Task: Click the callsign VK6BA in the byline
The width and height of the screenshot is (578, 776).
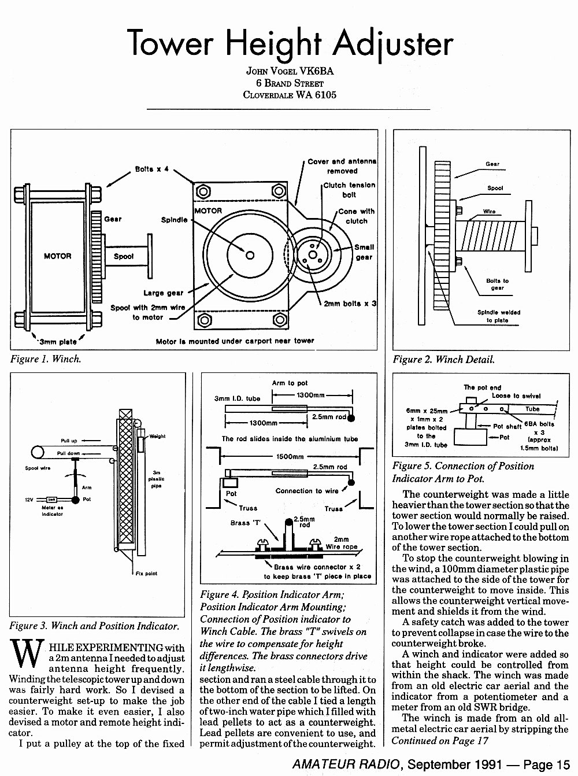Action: pos(316,71)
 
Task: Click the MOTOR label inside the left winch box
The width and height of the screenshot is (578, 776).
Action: pos(57,256)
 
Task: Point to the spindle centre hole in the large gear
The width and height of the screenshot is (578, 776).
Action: pos(250,256)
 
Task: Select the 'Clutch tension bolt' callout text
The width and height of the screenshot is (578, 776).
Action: pos(349,190)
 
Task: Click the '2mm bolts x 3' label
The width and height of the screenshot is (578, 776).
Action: pos(350,304)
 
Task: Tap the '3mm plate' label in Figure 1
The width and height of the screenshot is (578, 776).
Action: pos(58,342)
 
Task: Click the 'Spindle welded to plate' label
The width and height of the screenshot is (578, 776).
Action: pos(499,316)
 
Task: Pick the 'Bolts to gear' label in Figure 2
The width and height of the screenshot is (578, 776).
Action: pos(497,284)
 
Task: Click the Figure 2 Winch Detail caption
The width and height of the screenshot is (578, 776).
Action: pos(444,359)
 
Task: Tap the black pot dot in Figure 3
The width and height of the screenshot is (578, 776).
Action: pos(75,500)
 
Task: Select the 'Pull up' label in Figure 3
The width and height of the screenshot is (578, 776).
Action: pos(69,441)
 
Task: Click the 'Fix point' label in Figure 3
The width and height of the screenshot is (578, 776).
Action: pos(146,574)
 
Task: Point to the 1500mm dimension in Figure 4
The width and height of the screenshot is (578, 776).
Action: pos(290,457)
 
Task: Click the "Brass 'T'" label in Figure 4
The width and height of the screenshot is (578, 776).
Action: pos(246,523)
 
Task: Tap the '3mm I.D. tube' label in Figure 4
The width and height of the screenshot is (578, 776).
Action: pos(237,398)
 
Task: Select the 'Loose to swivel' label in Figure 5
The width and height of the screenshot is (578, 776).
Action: pos(516,396)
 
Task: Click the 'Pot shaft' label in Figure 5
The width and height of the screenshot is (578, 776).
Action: pos(507,426)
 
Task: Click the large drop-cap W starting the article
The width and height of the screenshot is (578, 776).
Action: pos(27,653)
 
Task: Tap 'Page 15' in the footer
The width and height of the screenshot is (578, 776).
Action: pos(547,764)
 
